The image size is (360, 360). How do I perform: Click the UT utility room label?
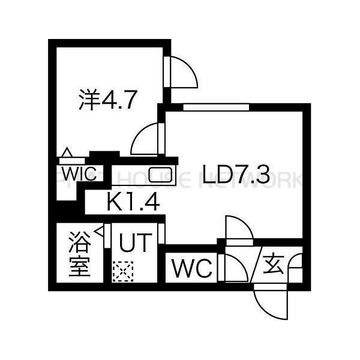point(134,244)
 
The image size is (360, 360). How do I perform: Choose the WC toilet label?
point(193,269)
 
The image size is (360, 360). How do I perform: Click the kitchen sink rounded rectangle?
point(160,175)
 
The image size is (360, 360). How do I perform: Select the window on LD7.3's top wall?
point(216,107)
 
